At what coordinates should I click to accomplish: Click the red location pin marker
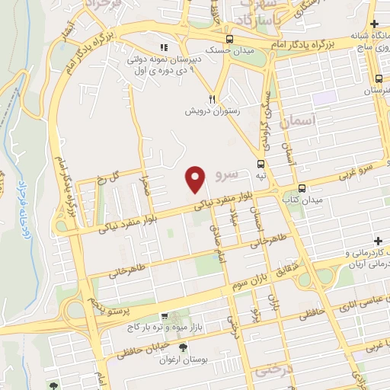click(196, 179)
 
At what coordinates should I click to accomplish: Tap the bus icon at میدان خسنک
click(229, 40)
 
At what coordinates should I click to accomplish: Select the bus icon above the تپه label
click(261, 165)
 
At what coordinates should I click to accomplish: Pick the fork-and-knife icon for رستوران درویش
click(213, 99)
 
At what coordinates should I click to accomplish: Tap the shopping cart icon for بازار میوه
click(164, 316)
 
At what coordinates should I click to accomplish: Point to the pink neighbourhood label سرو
click(227, 176)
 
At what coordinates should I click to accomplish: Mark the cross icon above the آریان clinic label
click(379, 241)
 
